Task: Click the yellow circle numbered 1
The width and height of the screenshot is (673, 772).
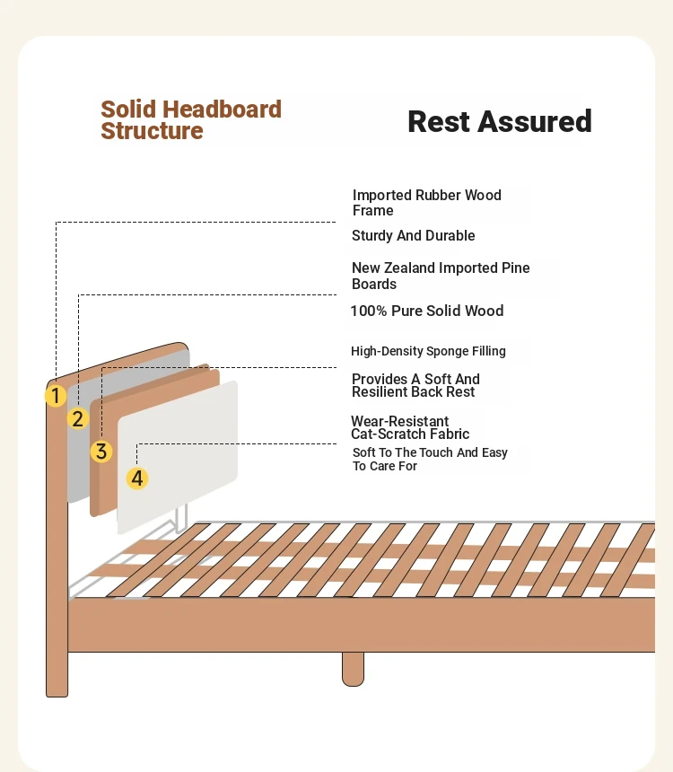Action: (56, 395)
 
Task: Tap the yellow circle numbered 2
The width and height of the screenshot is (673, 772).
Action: (78, 418)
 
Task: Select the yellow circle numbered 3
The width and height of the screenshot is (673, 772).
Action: (101, 451)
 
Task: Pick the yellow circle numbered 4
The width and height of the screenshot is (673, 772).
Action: (137, 478)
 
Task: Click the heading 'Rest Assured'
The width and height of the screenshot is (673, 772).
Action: (500, 121)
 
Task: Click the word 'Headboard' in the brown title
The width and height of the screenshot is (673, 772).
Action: (222, 110)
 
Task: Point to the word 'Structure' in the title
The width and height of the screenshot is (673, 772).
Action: (153, 131)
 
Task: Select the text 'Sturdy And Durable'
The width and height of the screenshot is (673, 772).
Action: (414, 236)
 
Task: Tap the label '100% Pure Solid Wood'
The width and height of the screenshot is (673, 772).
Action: (427, 311)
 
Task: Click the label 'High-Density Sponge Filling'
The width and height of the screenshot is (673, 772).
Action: (428, 351)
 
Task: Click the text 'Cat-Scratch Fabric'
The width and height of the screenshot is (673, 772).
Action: (410, 434)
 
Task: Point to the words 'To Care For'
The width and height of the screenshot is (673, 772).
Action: (385, 466)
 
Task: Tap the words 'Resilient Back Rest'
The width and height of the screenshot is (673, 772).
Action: (414, 392)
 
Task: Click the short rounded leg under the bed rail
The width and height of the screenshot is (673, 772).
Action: (353, 669)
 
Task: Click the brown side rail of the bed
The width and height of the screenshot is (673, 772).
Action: (362, 624)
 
